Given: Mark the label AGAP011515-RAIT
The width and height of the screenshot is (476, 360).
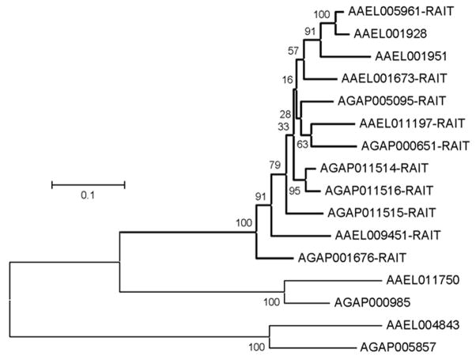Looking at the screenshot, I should (381, 212).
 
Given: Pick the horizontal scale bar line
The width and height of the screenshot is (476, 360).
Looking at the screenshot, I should (88, 184).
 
